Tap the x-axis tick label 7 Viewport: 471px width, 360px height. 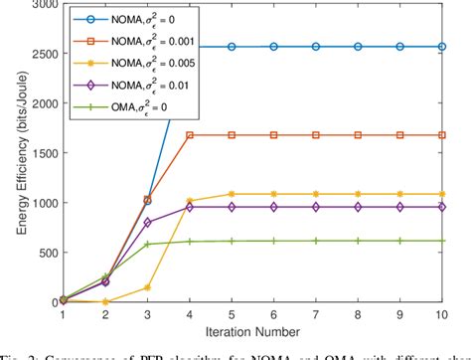click(x=314, y=313)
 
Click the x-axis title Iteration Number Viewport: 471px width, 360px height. click(x=245, y=330)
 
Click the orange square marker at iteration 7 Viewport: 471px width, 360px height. click(x=314, y=135)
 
